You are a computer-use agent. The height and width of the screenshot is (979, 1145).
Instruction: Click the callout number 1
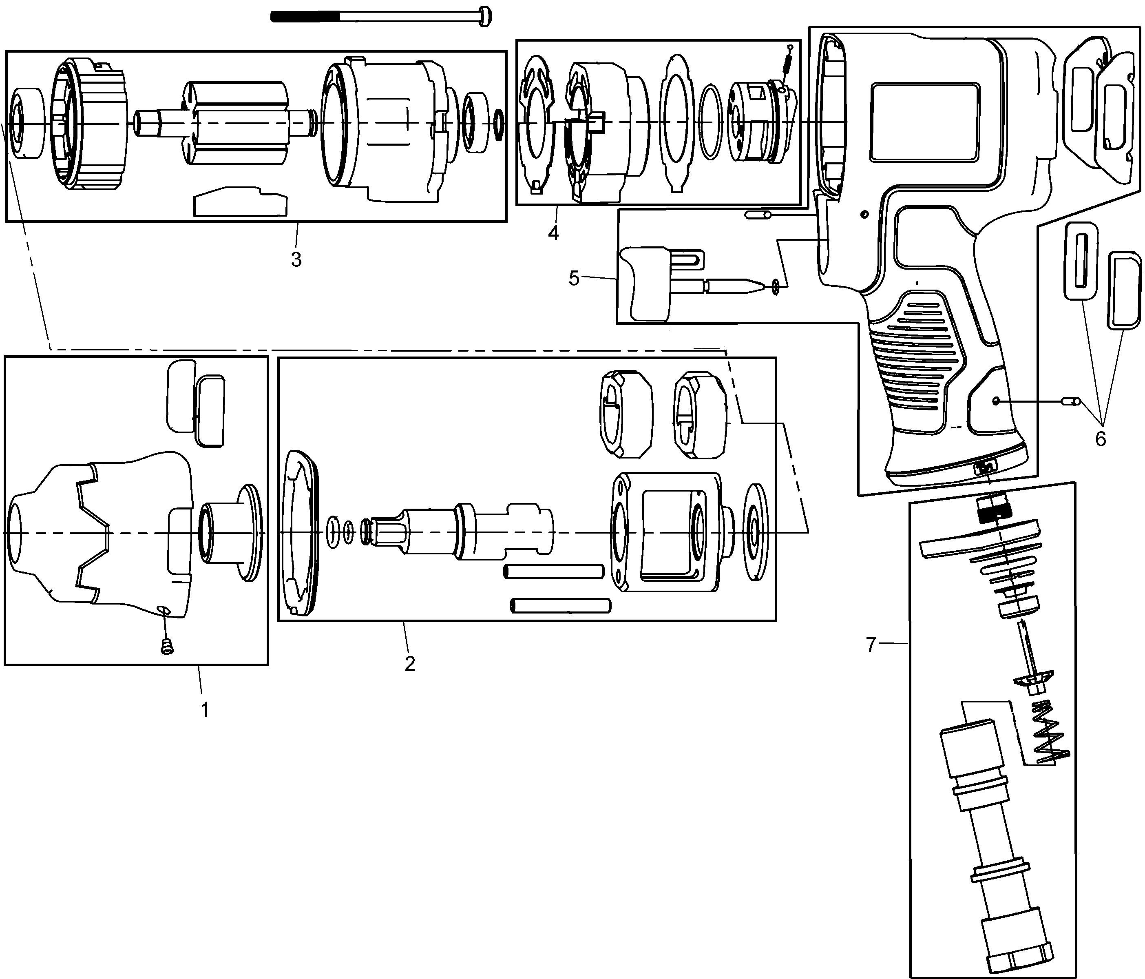point(205,709)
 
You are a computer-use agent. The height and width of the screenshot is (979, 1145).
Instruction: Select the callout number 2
point(409,663)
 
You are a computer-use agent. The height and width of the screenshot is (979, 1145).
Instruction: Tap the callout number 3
point(296,259)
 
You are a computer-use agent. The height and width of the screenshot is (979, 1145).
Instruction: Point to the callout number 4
point(553,233)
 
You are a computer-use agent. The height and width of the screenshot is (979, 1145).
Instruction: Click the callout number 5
point(574,278)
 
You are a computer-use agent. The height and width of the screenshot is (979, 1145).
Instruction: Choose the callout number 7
point(871,644)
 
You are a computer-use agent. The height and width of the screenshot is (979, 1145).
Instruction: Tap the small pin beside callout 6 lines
point(1071,401)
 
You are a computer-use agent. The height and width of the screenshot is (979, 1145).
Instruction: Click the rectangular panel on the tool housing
point(924,115)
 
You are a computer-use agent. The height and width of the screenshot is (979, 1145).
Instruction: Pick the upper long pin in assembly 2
point(553,571)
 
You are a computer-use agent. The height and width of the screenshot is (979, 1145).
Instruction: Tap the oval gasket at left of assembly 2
point(301,532)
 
